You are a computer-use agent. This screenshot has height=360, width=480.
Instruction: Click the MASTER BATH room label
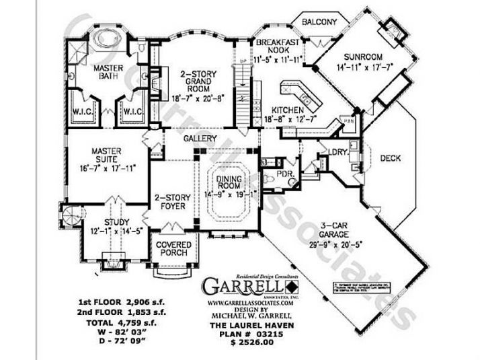(108, 72)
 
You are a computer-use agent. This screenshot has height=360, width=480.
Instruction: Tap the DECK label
(391, 159)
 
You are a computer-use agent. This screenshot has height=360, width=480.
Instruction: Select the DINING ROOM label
(231, 178)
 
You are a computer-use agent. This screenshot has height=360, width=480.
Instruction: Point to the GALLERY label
(200, 139)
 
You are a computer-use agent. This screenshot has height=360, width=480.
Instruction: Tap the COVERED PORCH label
(173, 248)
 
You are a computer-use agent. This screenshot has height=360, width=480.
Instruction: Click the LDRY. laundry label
(337, 152)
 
